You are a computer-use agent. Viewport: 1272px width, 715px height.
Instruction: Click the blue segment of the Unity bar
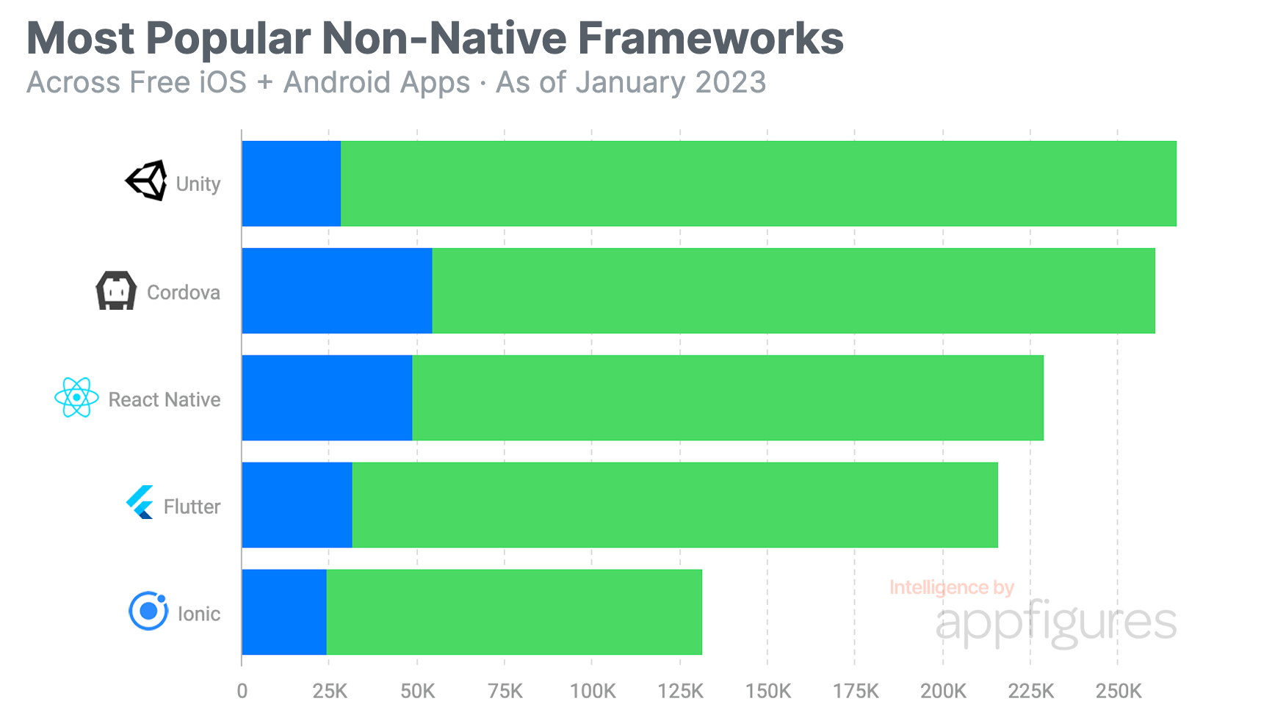point(291,184)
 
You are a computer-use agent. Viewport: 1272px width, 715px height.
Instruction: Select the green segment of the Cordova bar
point(793,291)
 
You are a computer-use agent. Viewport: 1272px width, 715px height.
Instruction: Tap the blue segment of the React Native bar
point(327,398)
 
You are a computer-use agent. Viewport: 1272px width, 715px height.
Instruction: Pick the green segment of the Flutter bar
point(674,505)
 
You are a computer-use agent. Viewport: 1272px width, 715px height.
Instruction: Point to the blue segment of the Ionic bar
point(283,612)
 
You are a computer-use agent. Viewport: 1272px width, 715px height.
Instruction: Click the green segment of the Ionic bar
point(514,612)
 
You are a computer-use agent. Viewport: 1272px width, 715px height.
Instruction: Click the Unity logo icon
point(147,181)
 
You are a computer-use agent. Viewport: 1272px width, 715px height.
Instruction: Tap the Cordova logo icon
point(116,291)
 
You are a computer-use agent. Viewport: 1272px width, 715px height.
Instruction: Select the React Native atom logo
point(76,398)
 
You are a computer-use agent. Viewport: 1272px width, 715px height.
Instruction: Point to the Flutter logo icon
point(140,503)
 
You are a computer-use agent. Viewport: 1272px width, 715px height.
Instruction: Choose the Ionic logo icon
point(148,611)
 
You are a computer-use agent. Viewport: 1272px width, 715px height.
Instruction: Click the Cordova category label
point(184,292)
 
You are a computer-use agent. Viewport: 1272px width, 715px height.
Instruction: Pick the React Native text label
point(165,399)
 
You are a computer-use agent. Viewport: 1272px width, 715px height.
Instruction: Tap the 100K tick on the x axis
point(593,692)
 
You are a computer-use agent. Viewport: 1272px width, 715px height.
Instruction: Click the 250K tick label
point(1119,692)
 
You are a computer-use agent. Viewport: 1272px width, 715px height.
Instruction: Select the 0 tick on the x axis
point(242,692)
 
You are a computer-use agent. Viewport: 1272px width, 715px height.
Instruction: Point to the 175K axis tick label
point(856,692)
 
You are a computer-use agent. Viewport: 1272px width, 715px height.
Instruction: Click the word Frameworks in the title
point(710,38)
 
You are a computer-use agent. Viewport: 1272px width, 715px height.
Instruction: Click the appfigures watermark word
point(1056,623)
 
